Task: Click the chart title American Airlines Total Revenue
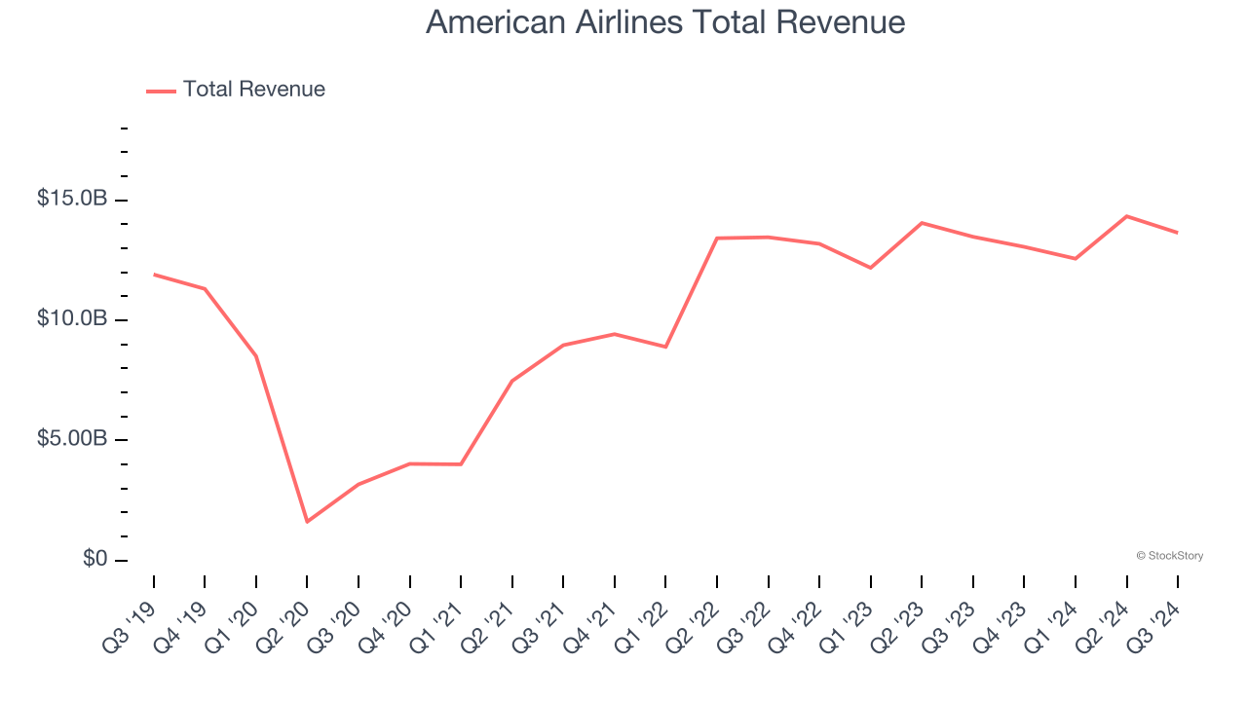pyautogui.click(x=665, y=21)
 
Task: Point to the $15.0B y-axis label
pyautogui.click(x=72, y=199)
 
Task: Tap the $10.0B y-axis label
pyautogui.click(x=72, y=319)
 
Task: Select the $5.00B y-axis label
pyautogui.click(x=72, y=439)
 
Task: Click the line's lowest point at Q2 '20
pyautogui.click(x=307, y=522)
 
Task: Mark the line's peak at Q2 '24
pyautogui.click(x=1126, y=216)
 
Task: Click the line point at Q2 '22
pyautogui.click(x=717, y=238)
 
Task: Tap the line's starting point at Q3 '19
pyautogui.click(x=154, y=275)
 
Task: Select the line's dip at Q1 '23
pyautogui.click(x=870, y=268)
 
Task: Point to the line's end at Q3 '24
pyautogui.click(x=1178, y=233)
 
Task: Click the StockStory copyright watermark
pyautogui.click(x=1169, y=556)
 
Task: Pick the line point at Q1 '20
pyautogui.click(x=256, y=356)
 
